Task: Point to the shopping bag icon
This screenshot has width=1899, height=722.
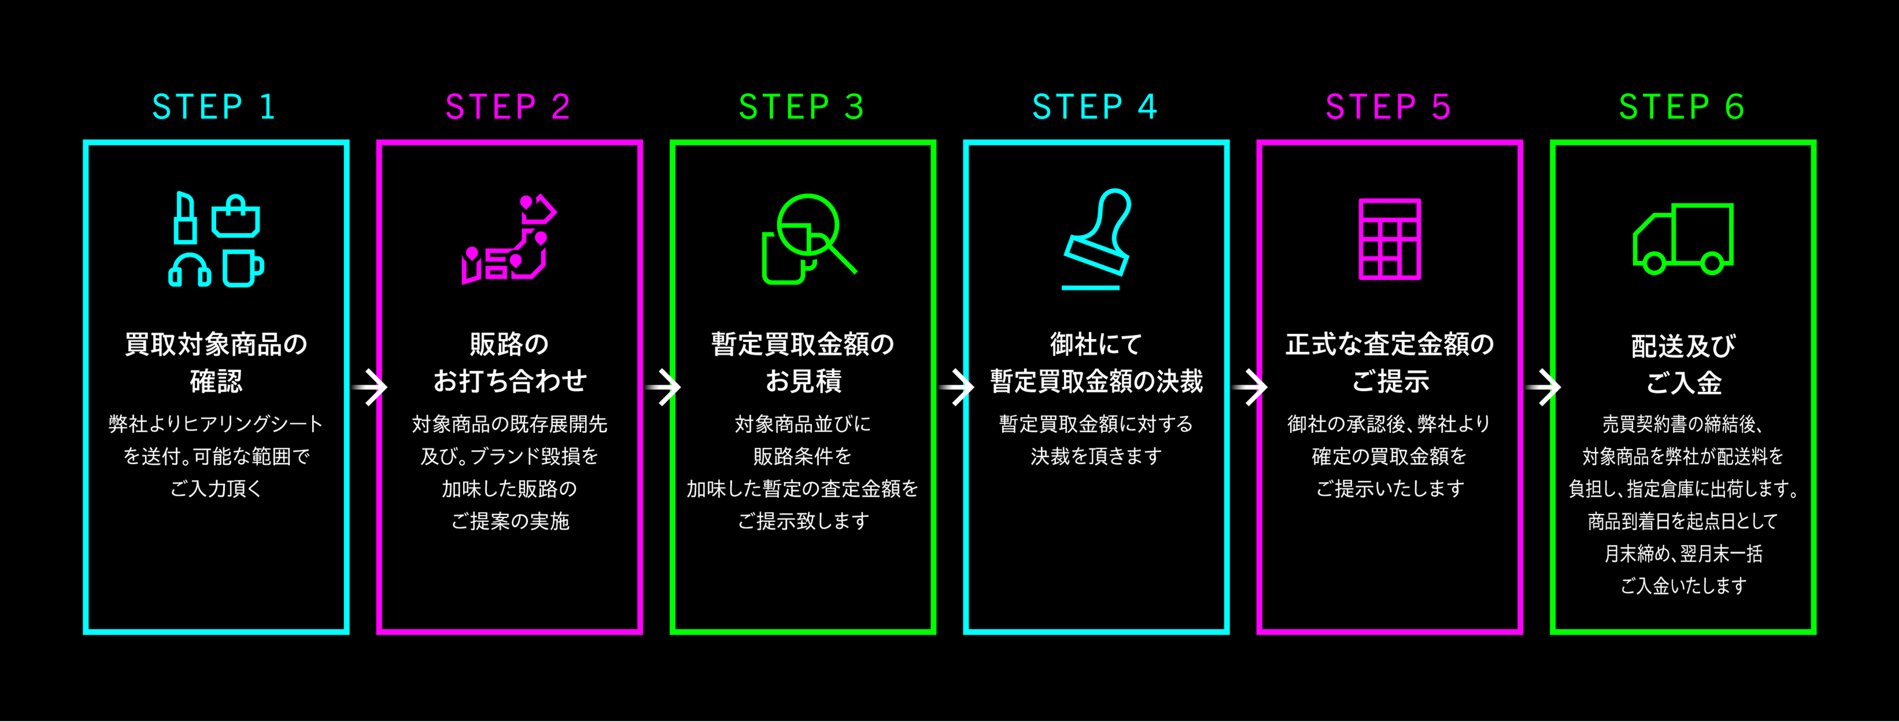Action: coord(236,217)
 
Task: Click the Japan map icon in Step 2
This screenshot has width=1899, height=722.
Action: coord(509,240)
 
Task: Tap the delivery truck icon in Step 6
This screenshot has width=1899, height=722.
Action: coord(1683,239)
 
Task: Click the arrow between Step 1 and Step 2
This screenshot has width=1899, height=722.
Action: coord(370,388)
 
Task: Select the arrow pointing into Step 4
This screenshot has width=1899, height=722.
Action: coord(957,388)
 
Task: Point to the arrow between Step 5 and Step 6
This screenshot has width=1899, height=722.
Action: coord(1544,388)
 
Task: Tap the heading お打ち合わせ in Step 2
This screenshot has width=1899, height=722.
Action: coord(509,381)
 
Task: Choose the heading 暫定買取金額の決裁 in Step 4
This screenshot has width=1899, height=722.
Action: coord(1096,381)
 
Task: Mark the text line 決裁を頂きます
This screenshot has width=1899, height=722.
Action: coord(1096,456)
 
